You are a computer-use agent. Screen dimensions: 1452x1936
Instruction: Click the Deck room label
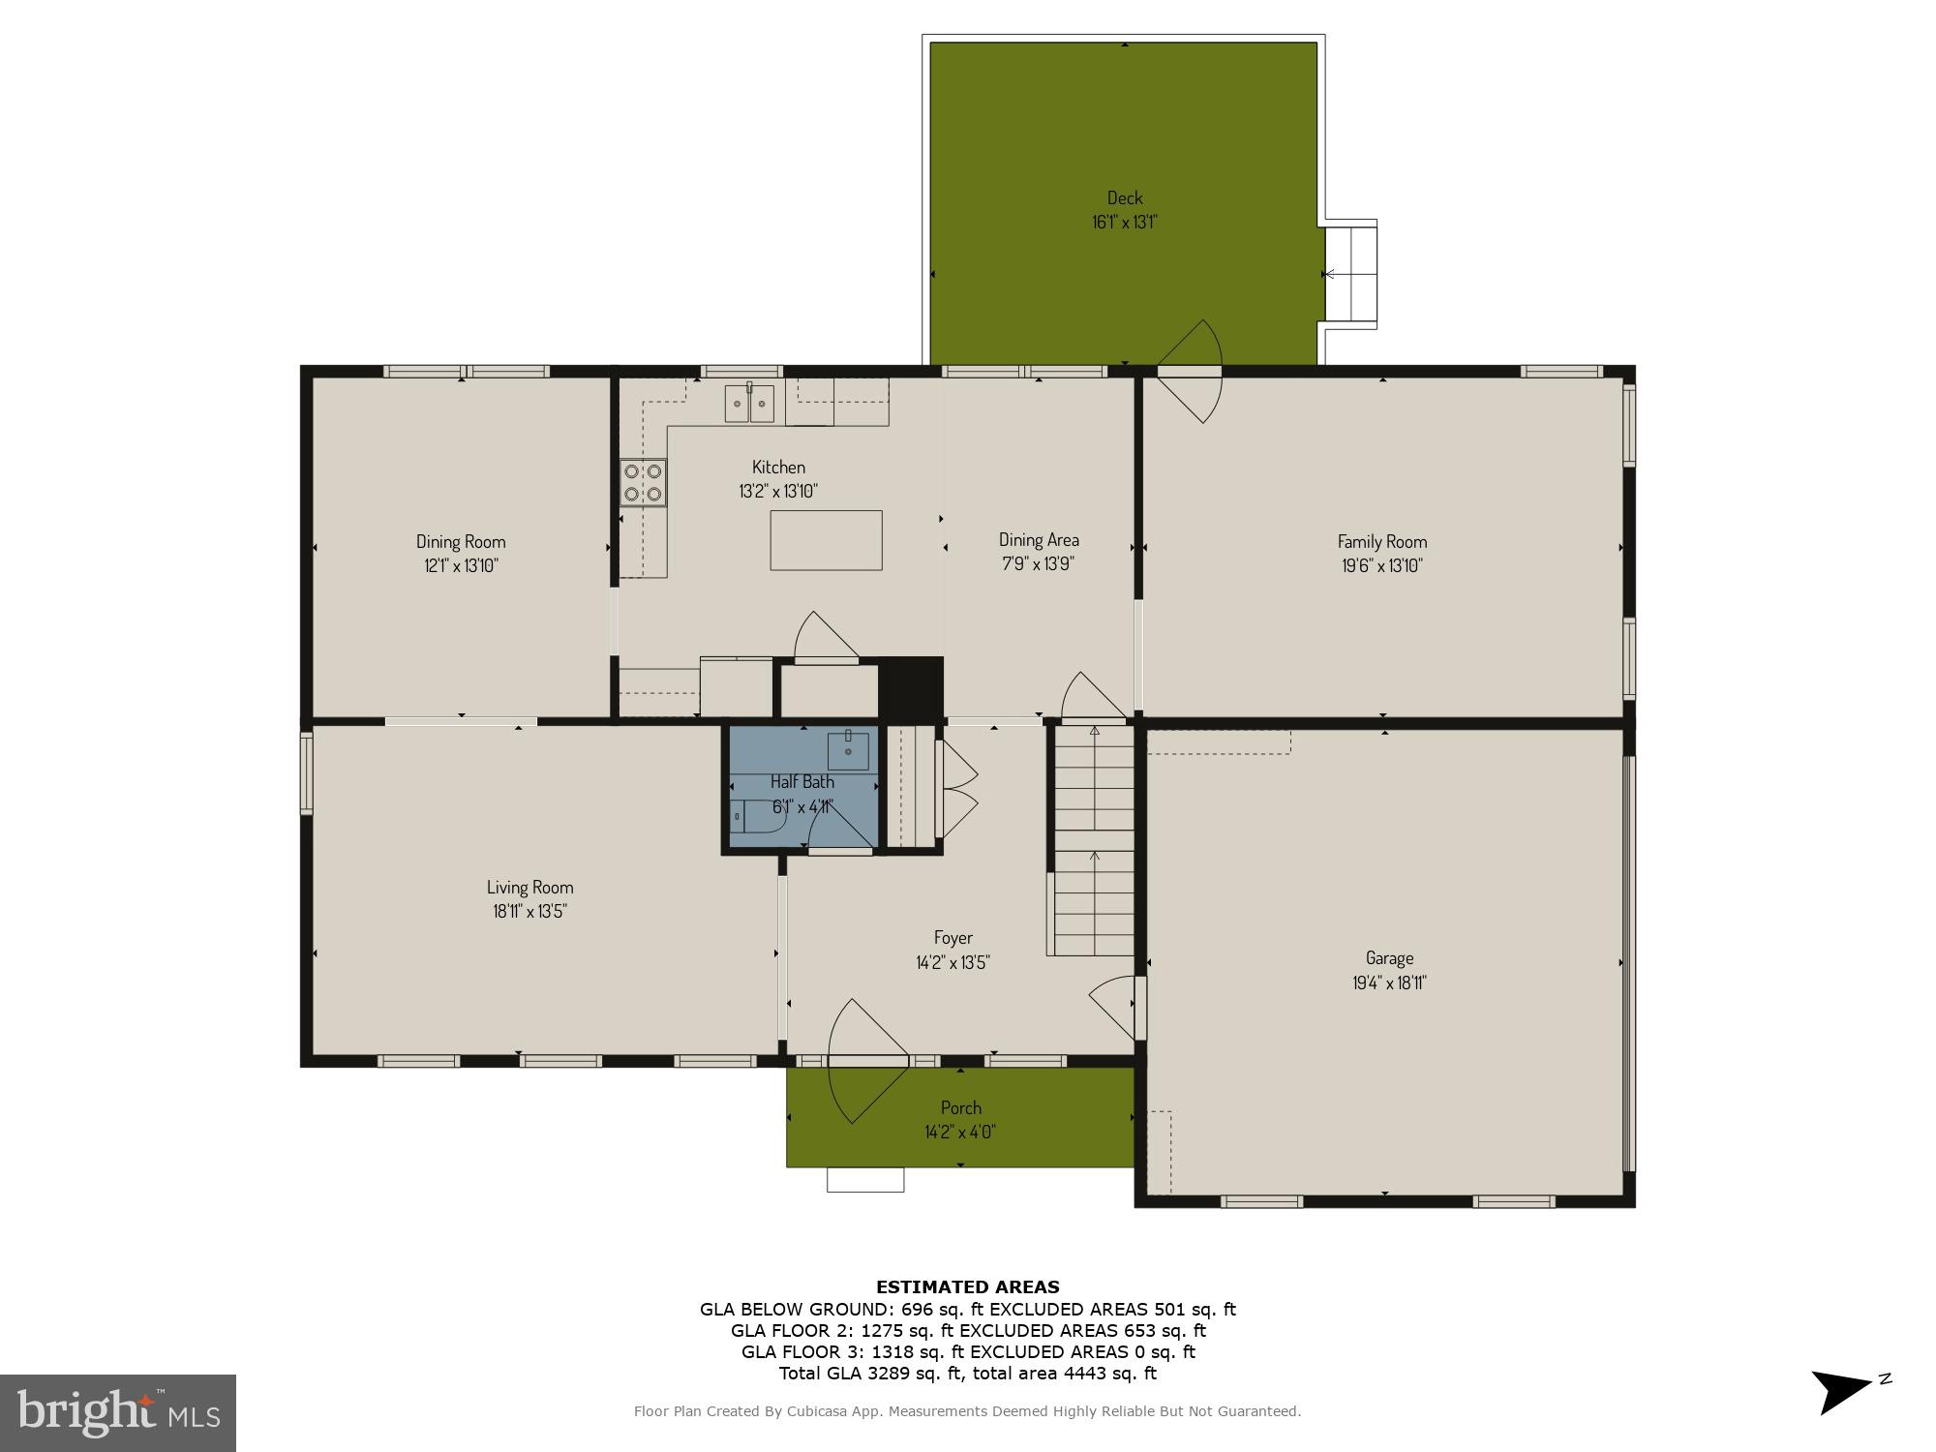1124,198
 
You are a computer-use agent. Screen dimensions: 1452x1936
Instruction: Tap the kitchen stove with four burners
643,482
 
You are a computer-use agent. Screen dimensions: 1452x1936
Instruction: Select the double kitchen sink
749,403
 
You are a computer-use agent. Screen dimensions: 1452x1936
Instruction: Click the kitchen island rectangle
826,540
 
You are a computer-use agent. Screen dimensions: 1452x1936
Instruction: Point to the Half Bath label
802,781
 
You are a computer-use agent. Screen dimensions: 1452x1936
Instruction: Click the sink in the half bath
848,750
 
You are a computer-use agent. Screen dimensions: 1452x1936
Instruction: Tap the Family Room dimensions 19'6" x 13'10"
1381,566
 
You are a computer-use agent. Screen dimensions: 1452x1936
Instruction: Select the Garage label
1389,958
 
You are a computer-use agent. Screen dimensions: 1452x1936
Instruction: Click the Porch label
960,1107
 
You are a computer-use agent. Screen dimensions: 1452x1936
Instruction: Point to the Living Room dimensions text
529,911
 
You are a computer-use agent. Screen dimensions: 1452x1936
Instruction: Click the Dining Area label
1039,540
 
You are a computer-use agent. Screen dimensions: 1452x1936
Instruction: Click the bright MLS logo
117,1412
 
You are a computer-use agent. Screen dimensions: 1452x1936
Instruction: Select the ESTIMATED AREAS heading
967,1286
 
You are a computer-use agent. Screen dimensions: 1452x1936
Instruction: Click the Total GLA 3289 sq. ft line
967,1373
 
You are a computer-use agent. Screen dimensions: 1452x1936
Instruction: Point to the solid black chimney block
910,688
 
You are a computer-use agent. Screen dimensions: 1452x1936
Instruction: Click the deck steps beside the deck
1350,274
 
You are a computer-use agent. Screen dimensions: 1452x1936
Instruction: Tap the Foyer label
953,937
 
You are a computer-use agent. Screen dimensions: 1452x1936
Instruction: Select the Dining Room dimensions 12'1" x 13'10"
461,566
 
